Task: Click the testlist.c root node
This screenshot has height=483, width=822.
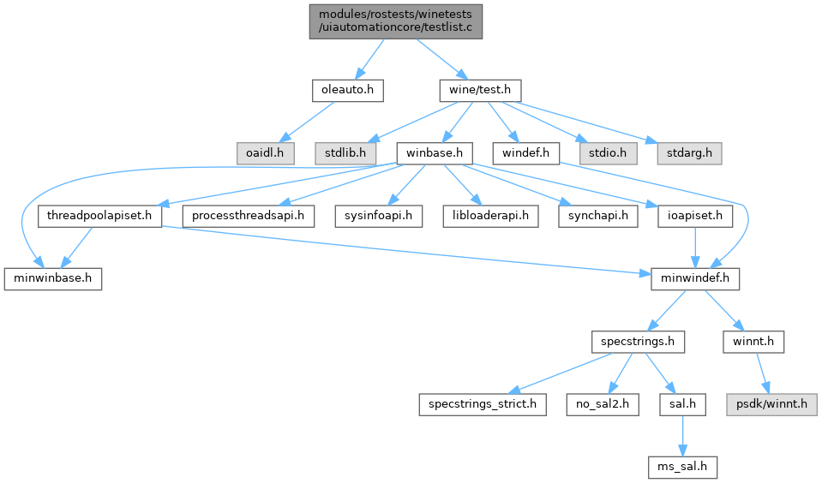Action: coord(396,20)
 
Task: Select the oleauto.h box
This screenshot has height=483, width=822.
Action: coord(347,89)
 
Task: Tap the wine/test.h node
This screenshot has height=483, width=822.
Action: coord(479,89)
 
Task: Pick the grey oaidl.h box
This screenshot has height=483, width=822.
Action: coord(266,153)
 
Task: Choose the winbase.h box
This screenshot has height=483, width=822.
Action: coord(435,153)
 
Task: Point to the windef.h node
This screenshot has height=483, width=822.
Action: coord(525,153)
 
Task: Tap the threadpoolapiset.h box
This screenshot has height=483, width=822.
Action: coord(100,216)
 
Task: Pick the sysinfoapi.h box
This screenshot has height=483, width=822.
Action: coord(379,216)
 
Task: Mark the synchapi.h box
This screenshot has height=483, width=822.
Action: coord(597,216)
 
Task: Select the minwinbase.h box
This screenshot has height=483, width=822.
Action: coord(53,279)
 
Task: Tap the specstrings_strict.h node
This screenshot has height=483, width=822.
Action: coord(482,404)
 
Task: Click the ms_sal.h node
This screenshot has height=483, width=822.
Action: coord(682,468)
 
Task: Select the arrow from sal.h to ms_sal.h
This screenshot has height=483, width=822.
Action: coord(681,436)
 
